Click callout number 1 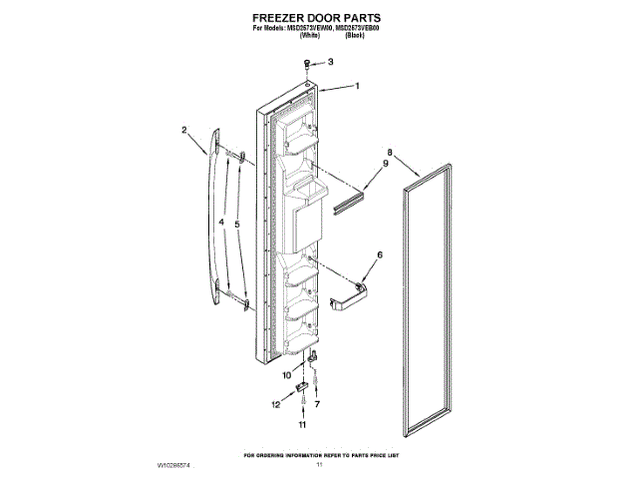click(x=357, y=86)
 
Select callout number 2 click(x=184, y=128)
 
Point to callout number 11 click(x=275, y=404)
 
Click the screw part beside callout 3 click(x=310, y=64)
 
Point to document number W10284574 click(x=176, y=465)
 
